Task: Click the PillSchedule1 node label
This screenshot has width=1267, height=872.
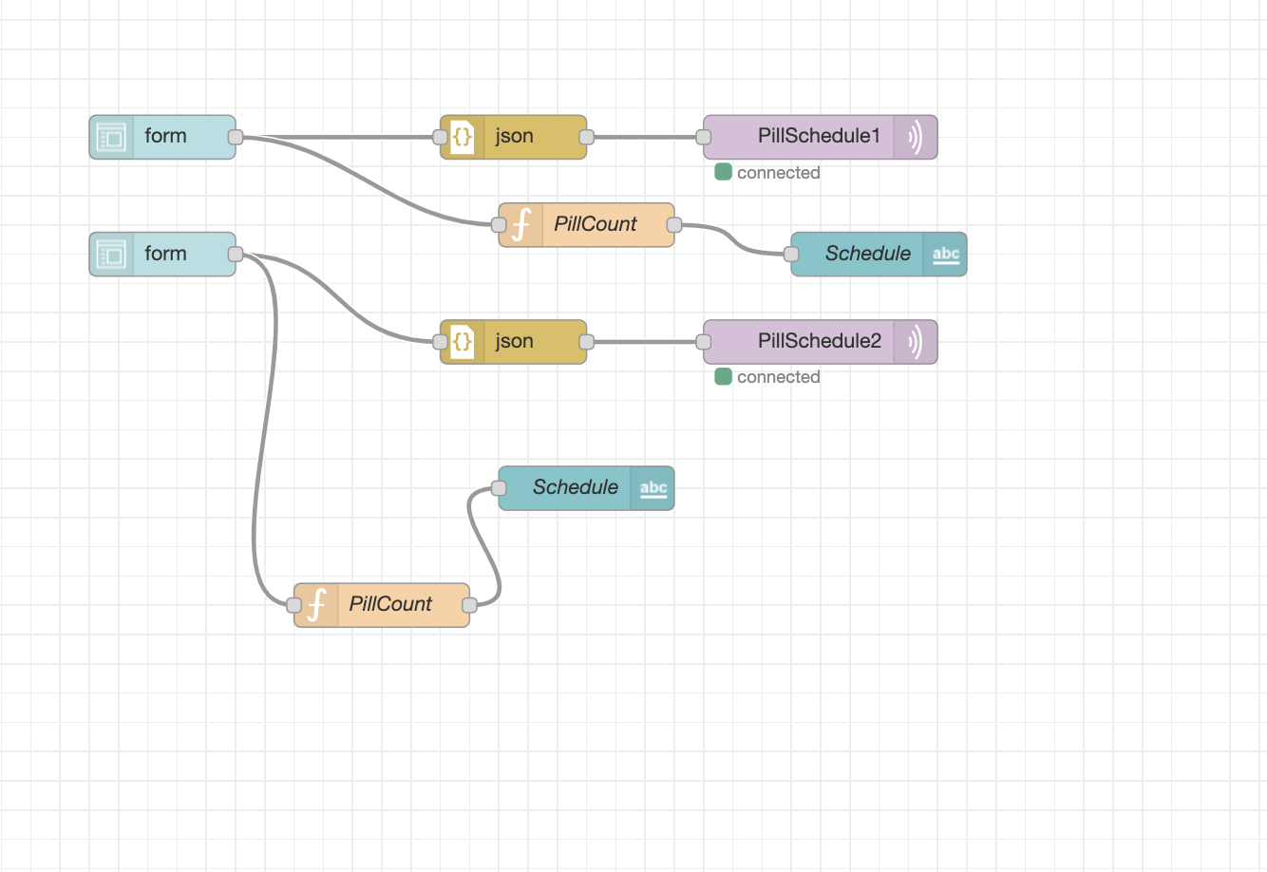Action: tap(819, 136)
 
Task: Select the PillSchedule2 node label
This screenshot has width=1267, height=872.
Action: tap(819, 341)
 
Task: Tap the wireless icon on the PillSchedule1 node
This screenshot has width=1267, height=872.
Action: tap(915, 137)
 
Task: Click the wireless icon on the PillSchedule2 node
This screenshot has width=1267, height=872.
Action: tap(915, 342)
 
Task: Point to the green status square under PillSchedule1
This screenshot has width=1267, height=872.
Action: tap(723, 172)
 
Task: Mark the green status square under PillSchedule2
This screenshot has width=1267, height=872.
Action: tap(723, 377)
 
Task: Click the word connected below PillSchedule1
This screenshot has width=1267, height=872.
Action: tap(778, 173)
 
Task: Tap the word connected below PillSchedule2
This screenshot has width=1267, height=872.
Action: tap(778, 377)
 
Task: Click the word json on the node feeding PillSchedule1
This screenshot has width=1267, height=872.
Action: tap(514, 136)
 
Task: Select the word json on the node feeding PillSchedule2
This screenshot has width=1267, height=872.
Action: tap(514, 341)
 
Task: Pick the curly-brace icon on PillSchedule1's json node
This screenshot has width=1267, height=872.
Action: tap(463, 137)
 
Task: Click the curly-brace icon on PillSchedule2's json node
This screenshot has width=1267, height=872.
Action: tap(463, 342)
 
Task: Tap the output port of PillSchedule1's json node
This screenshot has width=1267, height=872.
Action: tap(586, 137)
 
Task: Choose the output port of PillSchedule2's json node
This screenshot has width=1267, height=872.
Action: tap(586, 342)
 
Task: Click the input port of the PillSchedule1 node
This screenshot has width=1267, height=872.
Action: tap(704, 137)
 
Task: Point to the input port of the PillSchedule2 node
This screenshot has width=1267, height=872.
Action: tap(704, 342)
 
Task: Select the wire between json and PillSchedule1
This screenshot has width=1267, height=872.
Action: tap(645, 137)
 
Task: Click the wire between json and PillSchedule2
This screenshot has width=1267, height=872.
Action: tap(645, 342)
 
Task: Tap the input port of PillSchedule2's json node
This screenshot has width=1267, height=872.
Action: tap(441, 342)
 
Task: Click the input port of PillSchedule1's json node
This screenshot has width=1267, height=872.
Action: tap(441, 137)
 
